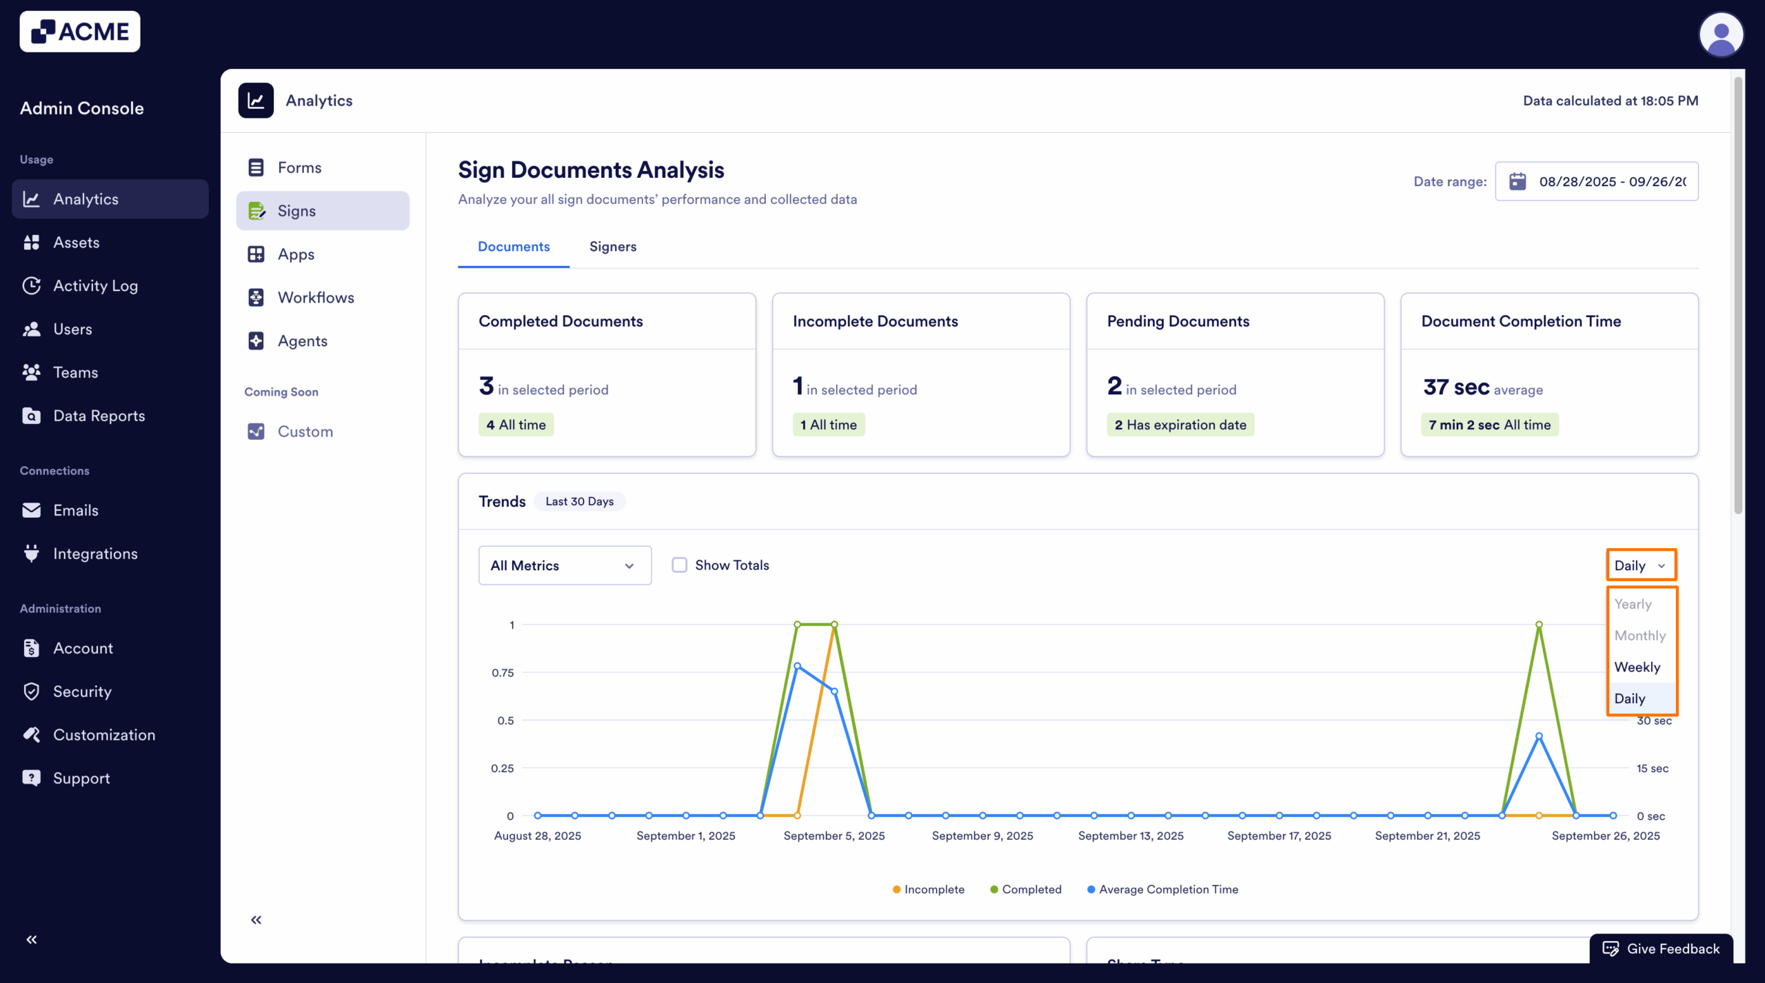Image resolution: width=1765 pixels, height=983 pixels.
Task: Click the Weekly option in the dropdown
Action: pos(1637,667)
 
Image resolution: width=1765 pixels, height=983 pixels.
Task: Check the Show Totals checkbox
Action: pos(680,565)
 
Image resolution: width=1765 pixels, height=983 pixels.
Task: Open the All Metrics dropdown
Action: pos(565,565)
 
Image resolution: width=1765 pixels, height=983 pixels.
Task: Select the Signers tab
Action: pos(612,247)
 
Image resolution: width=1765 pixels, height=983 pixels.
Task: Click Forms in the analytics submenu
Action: pos(299,168)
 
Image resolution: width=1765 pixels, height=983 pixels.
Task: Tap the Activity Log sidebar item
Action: pos(95,286)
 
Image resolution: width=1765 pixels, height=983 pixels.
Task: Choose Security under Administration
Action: pos(82,691)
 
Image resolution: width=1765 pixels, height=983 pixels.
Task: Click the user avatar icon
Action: pos(1721,34)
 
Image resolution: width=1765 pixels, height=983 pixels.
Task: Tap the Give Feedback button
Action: pos(1662,949)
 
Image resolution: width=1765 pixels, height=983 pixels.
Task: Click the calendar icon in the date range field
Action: pos(1517,181)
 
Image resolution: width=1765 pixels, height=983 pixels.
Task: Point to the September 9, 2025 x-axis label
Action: pos(982,835)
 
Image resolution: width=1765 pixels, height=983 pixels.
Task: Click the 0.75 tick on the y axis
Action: pos(503,673)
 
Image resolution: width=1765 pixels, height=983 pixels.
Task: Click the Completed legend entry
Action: pos(1026,889)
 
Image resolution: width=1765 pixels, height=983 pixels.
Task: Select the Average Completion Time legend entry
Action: pos(1163,889)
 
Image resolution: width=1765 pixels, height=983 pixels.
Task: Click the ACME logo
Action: pos(80,32)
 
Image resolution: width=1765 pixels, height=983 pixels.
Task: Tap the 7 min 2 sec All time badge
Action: pos(1489,425)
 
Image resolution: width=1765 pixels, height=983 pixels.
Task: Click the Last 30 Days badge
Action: pos(579,501)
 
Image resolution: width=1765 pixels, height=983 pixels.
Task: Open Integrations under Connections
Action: pos(95,554)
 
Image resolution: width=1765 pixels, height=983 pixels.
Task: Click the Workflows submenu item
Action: pos(316,298)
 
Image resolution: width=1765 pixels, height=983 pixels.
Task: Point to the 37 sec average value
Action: pos(1456,387)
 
